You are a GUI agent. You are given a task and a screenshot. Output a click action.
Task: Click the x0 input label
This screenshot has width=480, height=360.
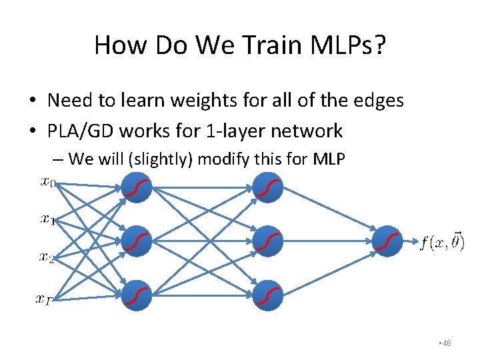(x=48, y=182)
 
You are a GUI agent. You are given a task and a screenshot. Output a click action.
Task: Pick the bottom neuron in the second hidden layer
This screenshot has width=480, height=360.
(x=268, y=295)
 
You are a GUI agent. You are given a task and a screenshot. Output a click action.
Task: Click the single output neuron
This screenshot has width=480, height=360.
(x=387, y=241)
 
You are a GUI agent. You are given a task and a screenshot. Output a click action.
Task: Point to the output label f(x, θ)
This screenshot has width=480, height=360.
(x=441, y=241)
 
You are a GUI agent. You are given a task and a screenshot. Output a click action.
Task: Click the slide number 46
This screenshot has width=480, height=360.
(x=446, y=343)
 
